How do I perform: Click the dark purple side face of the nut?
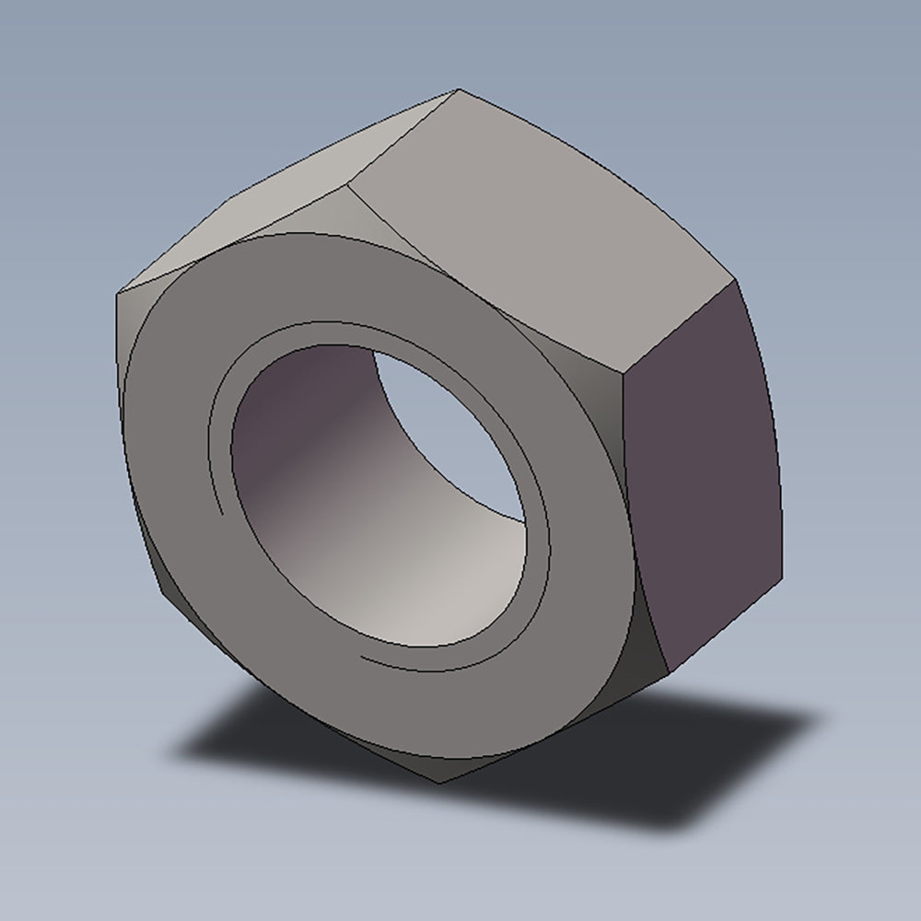(x=705, y=479)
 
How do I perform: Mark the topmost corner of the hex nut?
(x=458, y=89)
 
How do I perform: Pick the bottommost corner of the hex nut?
(x=440, y=783)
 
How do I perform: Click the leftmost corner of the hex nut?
(x=117, y=297)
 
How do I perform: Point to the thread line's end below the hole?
(x=362, y=658)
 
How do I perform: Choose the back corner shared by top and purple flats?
(x=734, y=276)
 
